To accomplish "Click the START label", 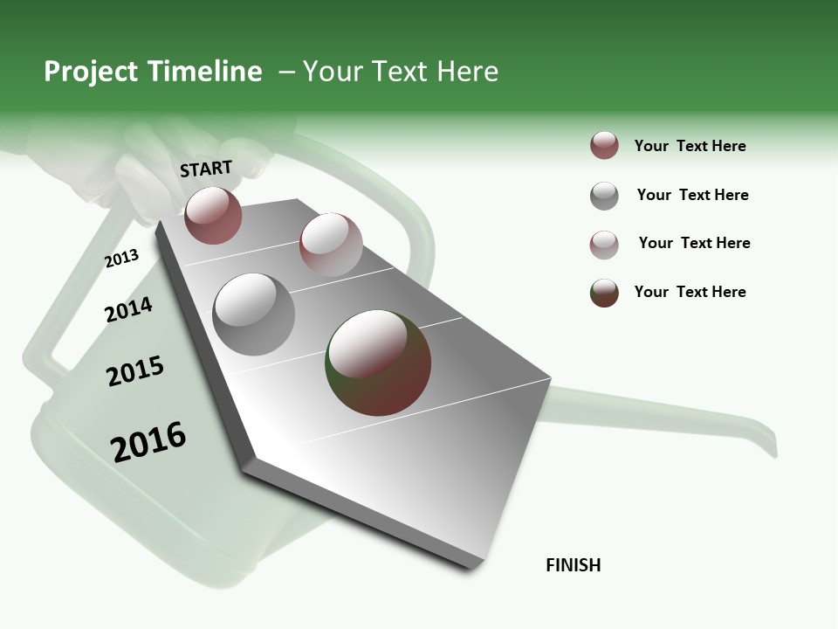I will coord(206,168).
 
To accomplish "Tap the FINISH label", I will coord(574,565).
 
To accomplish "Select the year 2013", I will coord(121,259).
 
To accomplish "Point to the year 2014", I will coord(128,309).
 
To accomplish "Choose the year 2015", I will coord(135,371).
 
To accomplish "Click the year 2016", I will coord(148,441).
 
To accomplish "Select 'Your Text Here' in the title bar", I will coord(400,72).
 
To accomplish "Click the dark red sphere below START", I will coord(213,215).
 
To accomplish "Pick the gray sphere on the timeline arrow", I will coord(254,314).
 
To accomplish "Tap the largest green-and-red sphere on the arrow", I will coord(378,363).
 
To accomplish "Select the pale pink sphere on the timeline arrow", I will coord(331,244).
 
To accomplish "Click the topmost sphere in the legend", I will coord(604,146).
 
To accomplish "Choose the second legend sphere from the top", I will coord(604,196).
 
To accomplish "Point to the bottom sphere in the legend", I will coord(604,293).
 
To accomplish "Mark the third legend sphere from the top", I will coord(604,245).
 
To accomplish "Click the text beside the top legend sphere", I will coord(690,146).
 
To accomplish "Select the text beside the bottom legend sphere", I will coord(690,292).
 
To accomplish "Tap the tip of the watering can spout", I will coord(772,449).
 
